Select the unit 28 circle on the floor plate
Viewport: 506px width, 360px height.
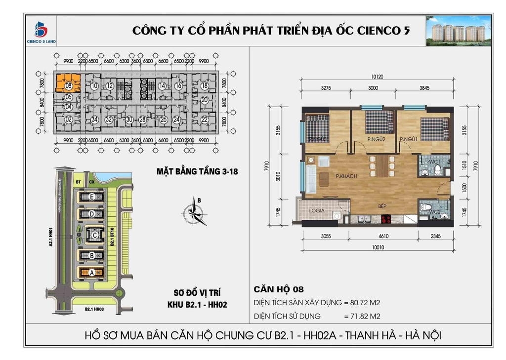pos(142,119)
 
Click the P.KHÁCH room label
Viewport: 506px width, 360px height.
pos(346,176)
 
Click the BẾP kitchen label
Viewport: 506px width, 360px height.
pos(382,207)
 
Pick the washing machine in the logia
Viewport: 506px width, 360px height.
pos(336,216)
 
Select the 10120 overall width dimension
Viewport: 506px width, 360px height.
pos(377,77)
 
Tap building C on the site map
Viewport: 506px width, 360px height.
pos(93,235)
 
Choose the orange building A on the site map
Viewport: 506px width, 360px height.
pos(91,272)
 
